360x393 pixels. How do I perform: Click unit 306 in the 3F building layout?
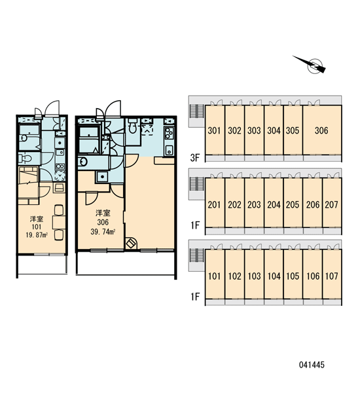point(322,130)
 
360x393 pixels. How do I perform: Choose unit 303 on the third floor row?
point(254,130)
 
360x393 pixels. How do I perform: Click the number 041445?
point(312,365)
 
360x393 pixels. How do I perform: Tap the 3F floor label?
point(195,158)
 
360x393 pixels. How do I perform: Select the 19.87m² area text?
point(37,235)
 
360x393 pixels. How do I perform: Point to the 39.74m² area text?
point(103,232)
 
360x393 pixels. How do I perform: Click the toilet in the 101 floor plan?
point(25,159)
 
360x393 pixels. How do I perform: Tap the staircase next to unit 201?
point(197,184)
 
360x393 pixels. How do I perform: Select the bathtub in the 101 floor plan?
point(29,137)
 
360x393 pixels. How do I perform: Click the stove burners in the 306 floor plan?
point(169,133)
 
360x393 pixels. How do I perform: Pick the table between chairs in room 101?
point(59,222)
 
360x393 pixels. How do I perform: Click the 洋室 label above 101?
point(37,219)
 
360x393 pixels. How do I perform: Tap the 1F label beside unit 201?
point(195,225)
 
